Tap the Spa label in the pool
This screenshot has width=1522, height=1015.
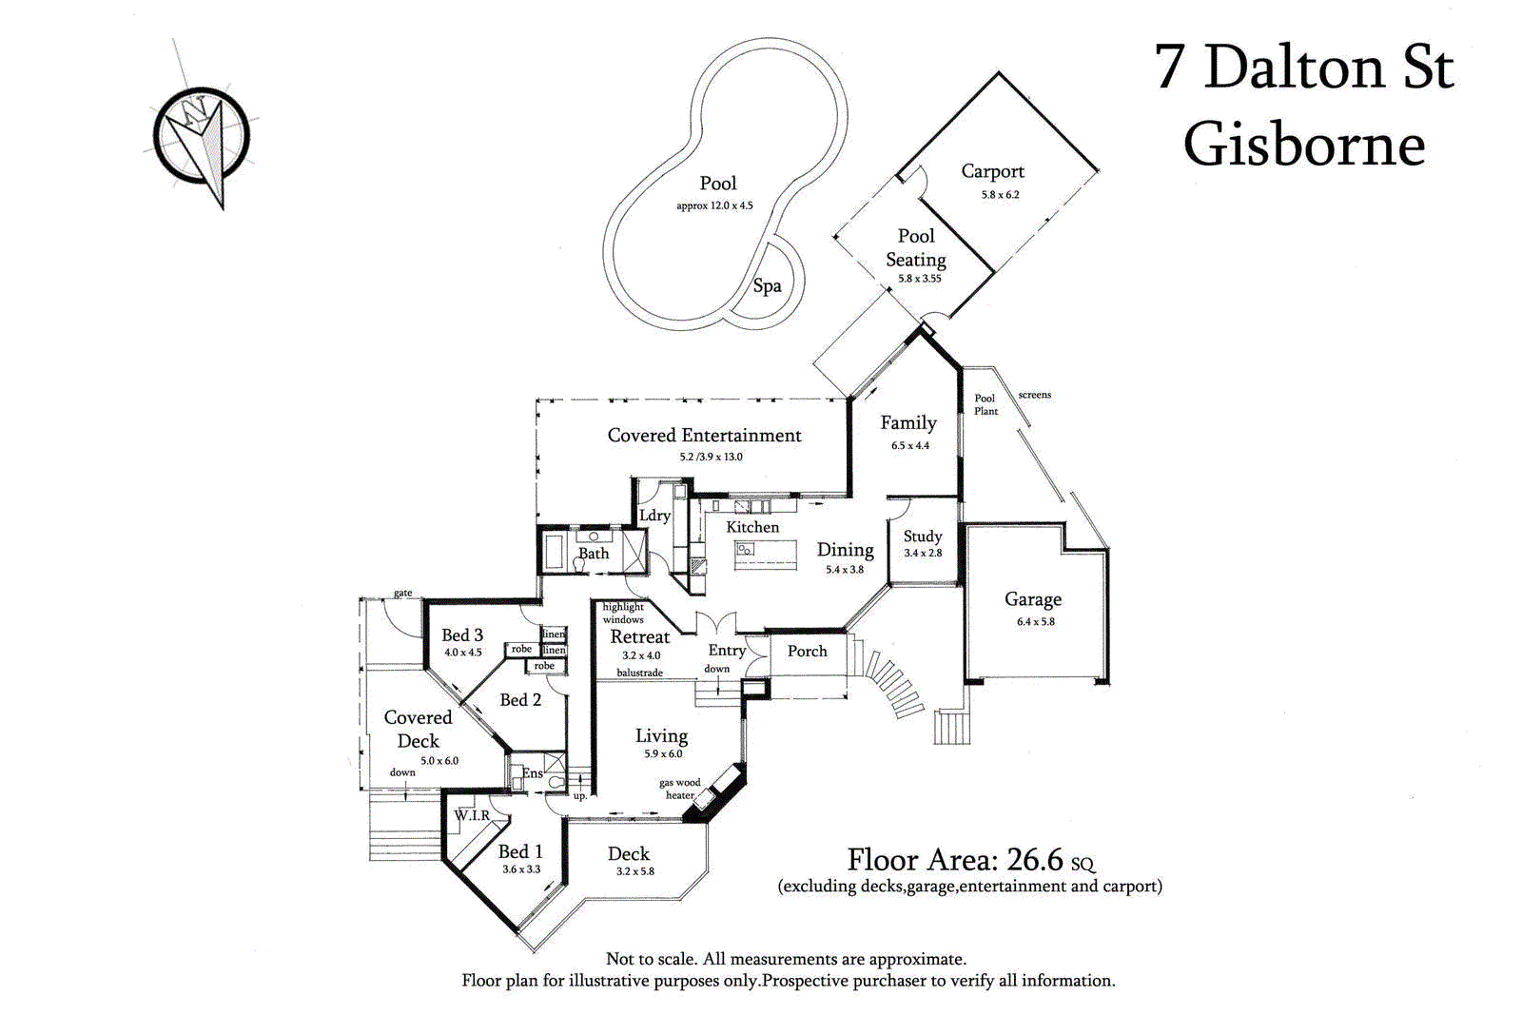(x=767, y=285)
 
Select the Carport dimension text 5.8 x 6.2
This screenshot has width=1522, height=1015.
(x=1000, y=195)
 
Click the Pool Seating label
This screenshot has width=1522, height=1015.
(x=916, y=247)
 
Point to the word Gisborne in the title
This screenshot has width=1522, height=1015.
(x=1303, y=146)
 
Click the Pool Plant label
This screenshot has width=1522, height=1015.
(x=985, y=405)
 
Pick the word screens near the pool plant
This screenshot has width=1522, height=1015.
(x=1034, y=395)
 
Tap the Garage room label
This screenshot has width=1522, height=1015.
(x=1033, y=599)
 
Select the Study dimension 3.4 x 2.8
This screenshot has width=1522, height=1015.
(x=923, y=554)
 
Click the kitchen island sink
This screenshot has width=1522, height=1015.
(x=745, y=550)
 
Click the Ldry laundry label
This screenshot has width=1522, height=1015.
(x=654, y=516)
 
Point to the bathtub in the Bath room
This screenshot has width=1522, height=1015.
(x=554, y=553)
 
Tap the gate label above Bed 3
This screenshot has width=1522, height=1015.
(x=403, y=593)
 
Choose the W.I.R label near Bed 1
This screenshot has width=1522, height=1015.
(x=472, y=815)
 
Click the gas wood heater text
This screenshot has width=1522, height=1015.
(x=679, y=789)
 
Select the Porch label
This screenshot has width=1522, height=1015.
(x=807, y=652)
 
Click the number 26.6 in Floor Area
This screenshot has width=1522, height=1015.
(x=1034, y=860)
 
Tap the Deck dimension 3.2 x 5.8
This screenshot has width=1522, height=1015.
(x=634, y=871)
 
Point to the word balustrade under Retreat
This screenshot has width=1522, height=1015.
(x=639, y=673)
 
